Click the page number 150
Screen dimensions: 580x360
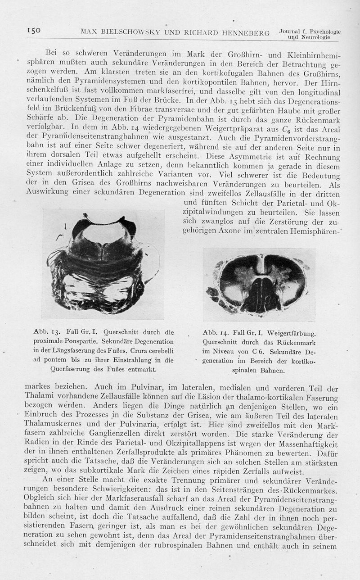point(33,31)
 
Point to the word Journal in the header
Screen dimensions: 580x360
point(292,32)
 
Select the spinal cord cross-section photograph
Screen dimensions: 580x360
point(259,284)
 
